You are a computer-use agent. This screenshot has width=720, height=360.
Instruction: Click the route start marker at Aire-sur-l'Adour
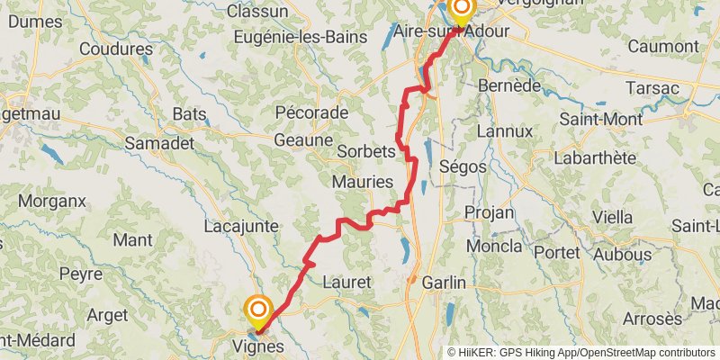tap(462, 11)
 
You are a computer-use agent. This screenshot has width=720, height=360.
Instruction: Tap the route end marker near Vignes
tap(258, 311)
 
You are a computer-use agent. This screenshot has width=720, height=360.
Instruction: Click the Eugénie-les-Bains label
tap(297, 37)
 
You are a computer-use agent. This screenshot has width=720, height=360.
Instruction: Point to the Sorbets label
tap(365, 151)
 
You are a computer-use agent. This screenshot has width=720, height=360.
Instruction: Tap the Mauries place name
tap(363, 182)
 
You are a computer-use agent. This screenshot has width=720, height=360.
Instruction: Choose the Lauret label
tap(346, 283)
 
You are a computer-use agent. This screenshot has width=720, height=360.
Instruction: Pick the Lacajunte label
tap(241, 226)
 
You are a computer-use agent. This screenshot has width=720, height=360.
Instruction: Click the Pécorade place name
tap(312, 112)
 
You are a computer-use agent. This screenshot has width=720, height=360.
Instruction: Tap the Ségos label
tap(464, 166)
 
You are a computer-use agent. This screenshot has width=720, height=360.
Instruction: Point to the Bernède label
tap(510, 85)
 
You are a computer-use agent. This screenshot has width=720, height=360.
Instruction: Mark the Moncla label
tap(494, 246)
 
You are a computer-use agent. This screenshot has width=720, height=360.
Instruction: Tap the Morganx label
tap(50, 201)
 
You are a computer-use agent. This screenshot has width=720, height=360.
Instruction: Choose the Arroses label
tap(652, 319)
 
